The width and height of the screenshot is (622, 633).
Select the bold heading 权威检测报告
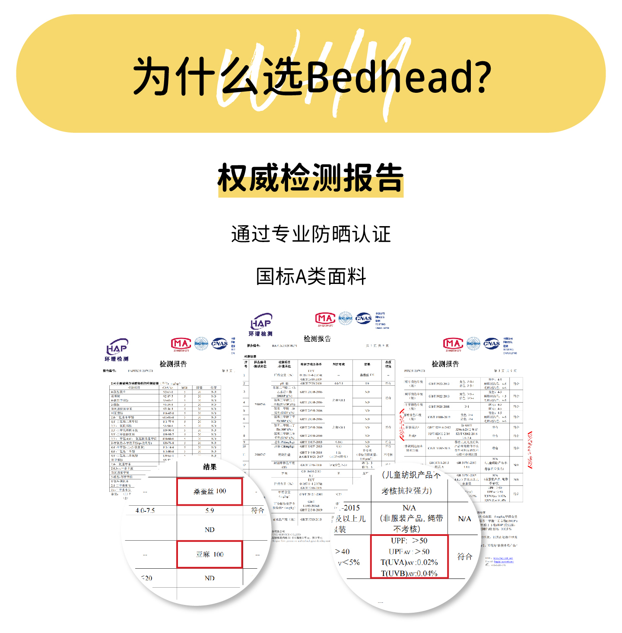311,178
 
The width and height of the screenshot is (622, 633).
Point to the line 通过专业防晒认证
311,234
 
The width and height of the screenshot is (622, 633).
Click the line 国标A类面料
311,276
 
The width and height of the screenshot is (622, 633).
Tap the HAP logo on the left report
117,350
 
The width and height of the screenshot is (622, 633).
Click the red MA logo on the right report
453,344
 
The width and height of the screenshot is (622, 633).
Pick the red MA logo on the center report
325,319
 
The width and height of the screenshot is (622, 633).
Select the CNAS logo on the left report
219,344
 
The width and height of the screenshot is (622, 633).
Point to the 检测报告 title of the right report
445,364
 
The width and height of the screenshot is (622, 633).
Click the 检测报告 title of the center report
317,339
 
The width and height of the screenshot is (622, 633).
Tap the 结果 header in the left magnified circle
209,467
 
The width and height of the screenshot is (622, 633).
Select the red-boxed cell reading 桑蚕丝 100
209,491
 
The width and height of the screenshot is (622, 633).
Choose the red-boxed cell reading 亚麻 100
209,554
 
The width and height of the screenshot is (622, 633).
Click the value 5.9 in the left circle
209,510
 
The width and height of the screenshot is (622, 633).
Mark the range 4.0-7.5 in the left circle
145,510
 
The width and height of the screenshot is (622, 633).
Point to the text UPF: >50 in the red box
409,541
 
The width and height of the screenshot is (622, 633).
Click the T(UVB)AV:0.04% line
409,573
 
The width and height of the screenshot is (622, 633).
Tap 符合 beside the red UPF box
464,557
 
